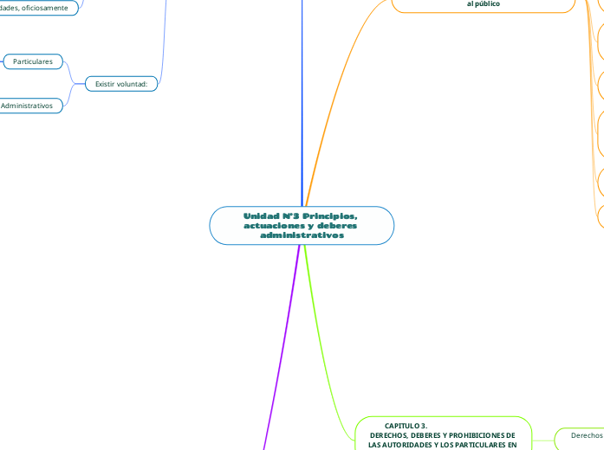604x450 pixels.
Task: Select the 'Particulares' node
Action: (x=33, y=61)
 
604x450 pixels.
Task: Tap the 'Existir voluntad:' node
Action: (x=120, y=84)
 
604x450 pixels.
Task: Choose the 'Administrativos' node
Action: (x=27, y=106)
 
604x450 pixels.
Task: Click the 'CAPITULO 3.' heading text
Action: (x=406, y=426)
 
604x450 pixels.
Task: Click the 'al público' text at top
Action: (x=484, y=4)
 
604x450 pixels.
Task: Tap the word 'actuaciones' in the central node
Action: (x=275, y=225)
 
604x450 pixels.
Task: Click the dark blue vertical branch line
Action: (x=302, y=104)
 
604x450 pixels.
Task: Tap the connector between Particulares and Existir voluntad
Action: (x=71, y=73)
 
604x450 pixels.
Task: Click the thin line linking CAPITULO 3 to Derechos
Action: (x=542, y=438)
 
